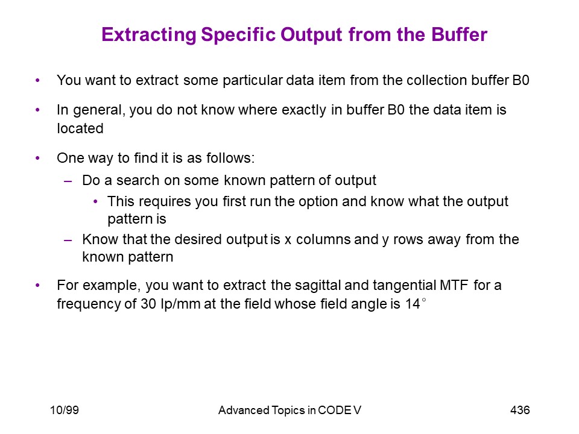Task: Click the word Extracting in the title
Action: pos(149,35)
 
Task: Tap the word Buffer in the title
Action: pos(460,34)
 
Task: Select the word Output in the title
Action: pos(312,36)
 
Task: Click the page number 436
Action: pos(520,410)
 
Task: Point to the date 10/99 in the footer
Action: pos(65,410)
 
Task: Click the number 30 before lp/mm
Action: pos(148,304)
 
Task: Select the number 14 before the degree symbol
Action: pos(413,304)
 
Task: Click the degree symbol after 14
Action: pos(423,300)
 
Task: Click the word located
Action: pos(80,128)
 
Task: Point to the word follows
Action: pos(230,158)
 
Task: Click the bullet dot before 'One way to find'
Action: pos(37,159)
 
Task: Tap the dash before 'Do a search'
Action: pos(68,181)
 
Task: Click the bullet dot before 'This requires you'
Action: pos(96,202)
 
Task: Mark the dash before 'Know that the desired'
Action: pos(68,240)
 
